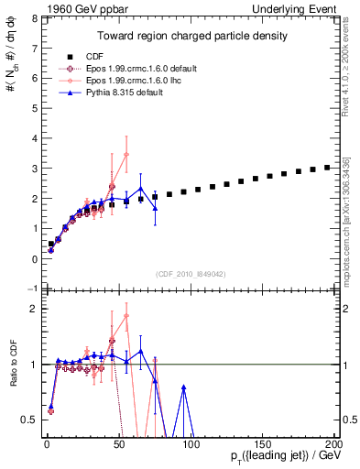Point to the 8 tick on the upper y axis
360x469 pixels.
(35, 17)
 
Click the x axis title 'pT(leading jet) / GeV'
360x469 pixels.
(276, 456)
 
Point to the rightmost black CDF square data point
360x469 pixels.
(327, 168)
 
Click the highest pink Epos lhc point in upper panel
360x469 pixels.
(126, 155)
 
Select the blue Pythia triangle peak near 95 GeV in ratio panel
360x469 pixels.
(184, 387)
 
